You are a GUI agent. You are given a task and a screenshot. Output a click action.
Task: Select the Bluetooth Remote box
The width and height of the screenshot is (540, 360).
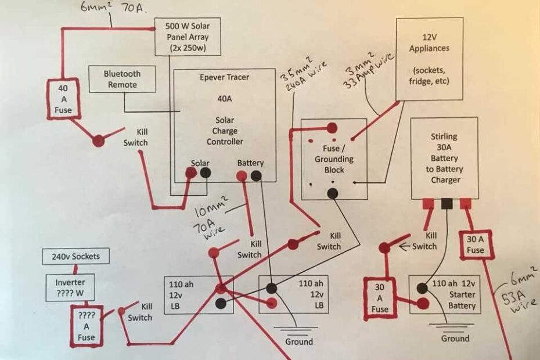coord(121,80)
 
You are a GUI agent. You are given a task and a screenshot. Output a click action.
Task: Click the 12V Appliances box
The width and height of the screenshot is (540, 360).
coord(429,59)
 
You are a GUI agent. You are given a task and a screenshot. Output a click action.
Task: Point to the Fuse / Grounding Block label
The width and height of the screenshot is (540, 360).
coord(334,159)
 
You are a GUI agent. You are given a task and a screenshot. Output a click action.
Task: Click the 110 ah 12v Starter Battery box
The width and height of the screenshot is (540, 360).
coord(445,294)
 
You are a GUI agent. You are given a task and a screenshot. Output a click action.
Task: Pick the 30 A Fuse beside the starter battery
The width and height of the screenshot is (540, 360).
coord(380,298)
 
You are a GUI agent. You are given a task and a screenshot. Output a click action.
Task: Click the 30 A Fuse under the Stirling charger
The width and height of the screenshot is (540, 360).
coord(474,244)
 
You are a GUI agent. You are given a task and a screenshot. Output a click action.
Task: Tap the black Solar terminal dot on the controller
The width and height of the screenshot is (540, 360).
coord(205,172)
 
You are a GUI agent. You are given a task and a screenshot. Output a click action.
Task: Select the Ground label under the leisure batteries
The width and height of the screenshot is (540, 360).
coord(299,341)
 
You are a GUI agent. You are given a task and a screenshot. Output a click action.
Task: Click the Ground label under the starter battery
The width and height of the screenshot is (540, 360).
coord(455,337)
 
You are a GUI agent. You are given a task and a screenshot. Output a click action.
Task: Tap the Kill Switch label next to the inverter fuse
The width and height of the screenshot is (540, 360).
coord(140,312)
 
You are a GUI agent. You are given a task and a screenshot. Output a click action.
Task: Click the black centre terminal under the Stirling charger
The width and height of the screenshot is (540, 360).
coord(447,203)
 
